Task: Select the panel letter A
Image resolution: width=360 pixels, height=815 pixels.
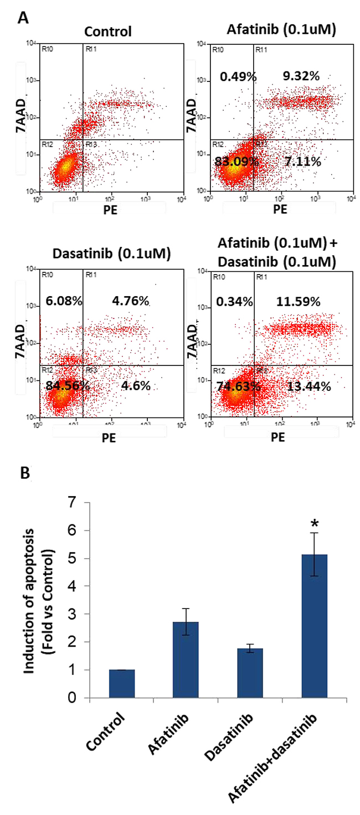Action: [x=23, y=18]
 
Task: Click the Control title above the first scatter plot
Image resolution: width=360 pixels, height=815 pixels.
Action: [x=109, y=32]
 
